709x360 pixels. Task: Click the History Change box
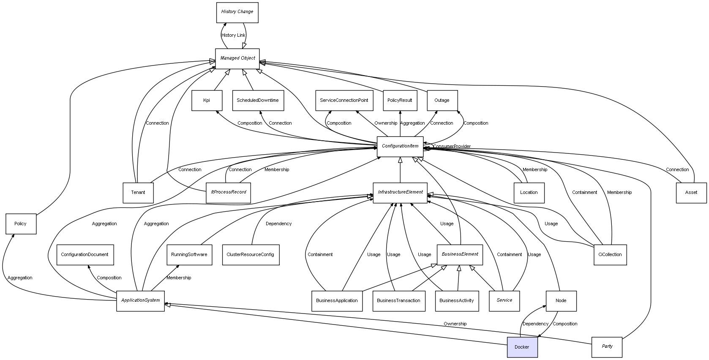click(237, 12)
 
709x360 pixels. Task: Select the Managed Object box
click(237, 59)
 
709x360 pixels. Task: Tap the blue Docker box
click(522, 347)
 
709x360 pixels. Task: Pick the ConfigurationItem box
click(400, 147)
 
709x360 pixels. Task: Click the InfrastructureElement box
click(400, 193)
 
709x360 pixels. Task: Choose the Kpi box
click(207, 101)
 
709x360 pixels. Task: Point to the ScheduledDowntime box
click(258, 101)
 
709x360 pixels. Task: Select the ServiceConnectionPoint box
click(344, 101)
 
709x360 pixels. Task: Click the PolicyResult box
click(400, 101)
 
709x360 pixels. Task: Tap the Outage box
click(442, 101)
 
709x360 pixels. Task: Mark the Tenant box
click(138, 193)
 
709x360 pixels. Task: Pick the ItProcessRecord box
click(228, 193)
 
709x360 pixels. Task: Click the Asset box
click(691, 193)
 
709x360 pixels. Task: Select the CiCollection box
click(610, 255)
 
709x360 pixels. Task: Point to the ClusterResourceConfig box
click(251, 255)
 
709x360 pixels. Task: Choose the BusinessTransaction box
click(398, 301)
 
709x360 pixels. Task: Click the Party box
click(607, 347)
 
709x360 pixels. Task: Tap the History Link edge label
click(233, 35)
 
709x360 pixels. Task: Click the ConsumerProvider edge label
click(452, 147)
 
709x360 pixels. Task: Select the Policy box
click(21, 224)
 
